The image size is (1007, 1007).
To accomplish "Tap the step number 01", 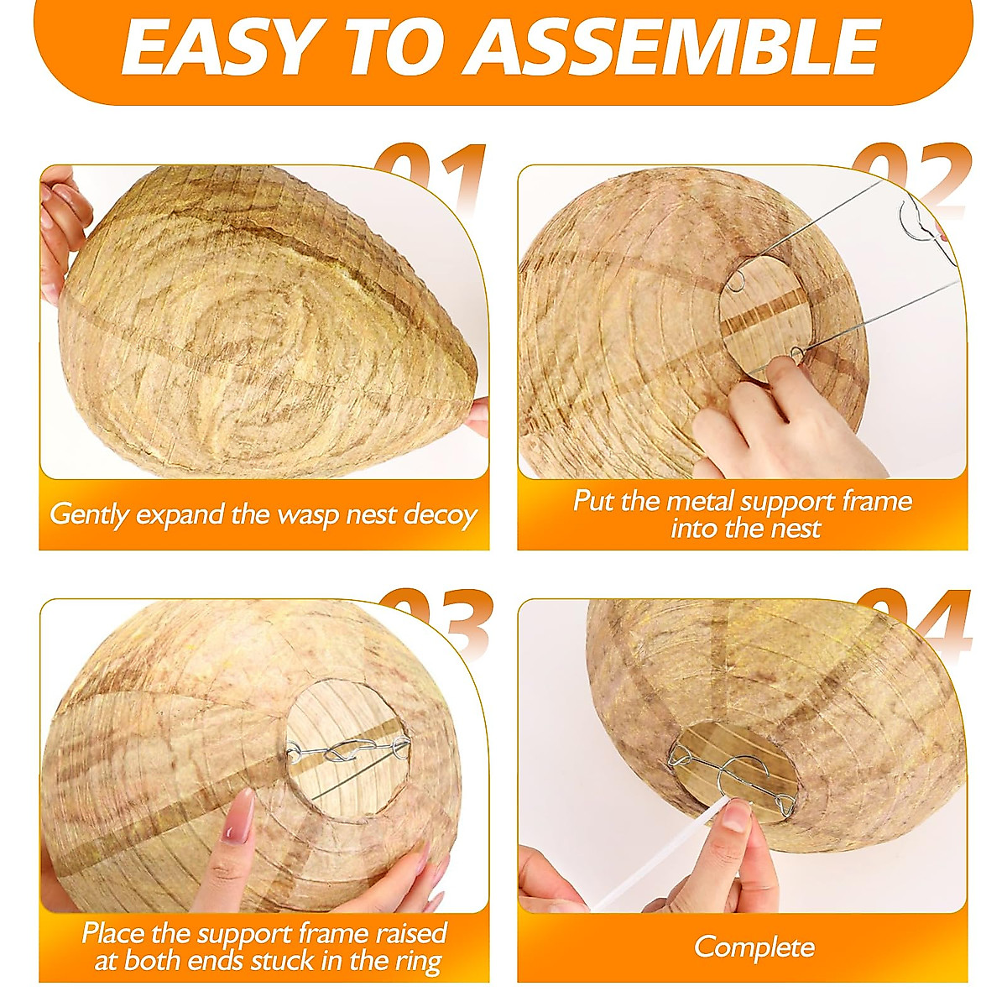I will click(433, 172).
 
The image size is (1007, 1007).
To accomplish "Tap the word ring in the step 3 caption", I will click(418, 961).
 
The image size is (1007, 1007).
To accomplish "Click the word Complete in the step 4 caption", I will click(754, 947).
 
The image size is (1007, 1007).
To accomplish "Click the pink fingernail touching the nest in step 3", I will click(244, 814).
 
